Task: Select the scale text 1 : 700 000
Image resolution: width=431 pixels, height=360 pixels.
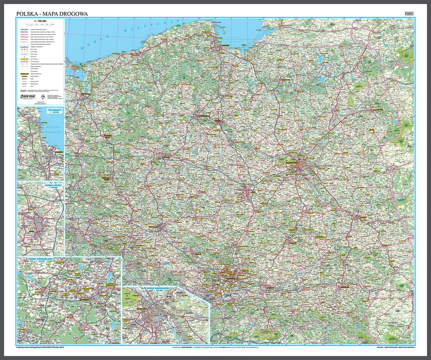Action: pos(40,21)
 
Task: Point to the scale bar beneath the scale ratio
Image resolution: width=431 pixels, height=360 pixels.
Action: pos(40,24)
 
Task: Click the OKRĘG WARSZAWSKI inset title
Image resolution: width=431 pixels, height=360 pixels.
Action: pos(160,289)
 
